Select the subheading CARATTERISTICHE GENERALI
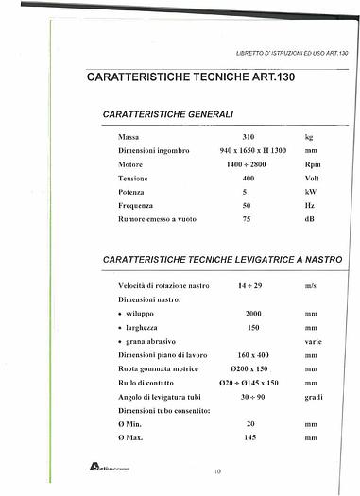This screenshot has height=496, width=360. point(168,113)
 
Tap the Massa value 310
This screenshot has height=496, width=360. point(248,137)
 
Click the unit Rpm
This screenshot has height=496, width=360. point(312,164)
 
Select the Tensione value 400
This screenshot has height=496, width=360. point(248,178)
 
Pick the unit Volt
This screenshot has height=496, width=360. point(313,178)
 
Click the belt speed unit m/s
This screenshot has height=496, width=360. point(311,284)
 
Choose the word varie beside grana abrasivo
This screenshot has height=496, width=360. point(313,339)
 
